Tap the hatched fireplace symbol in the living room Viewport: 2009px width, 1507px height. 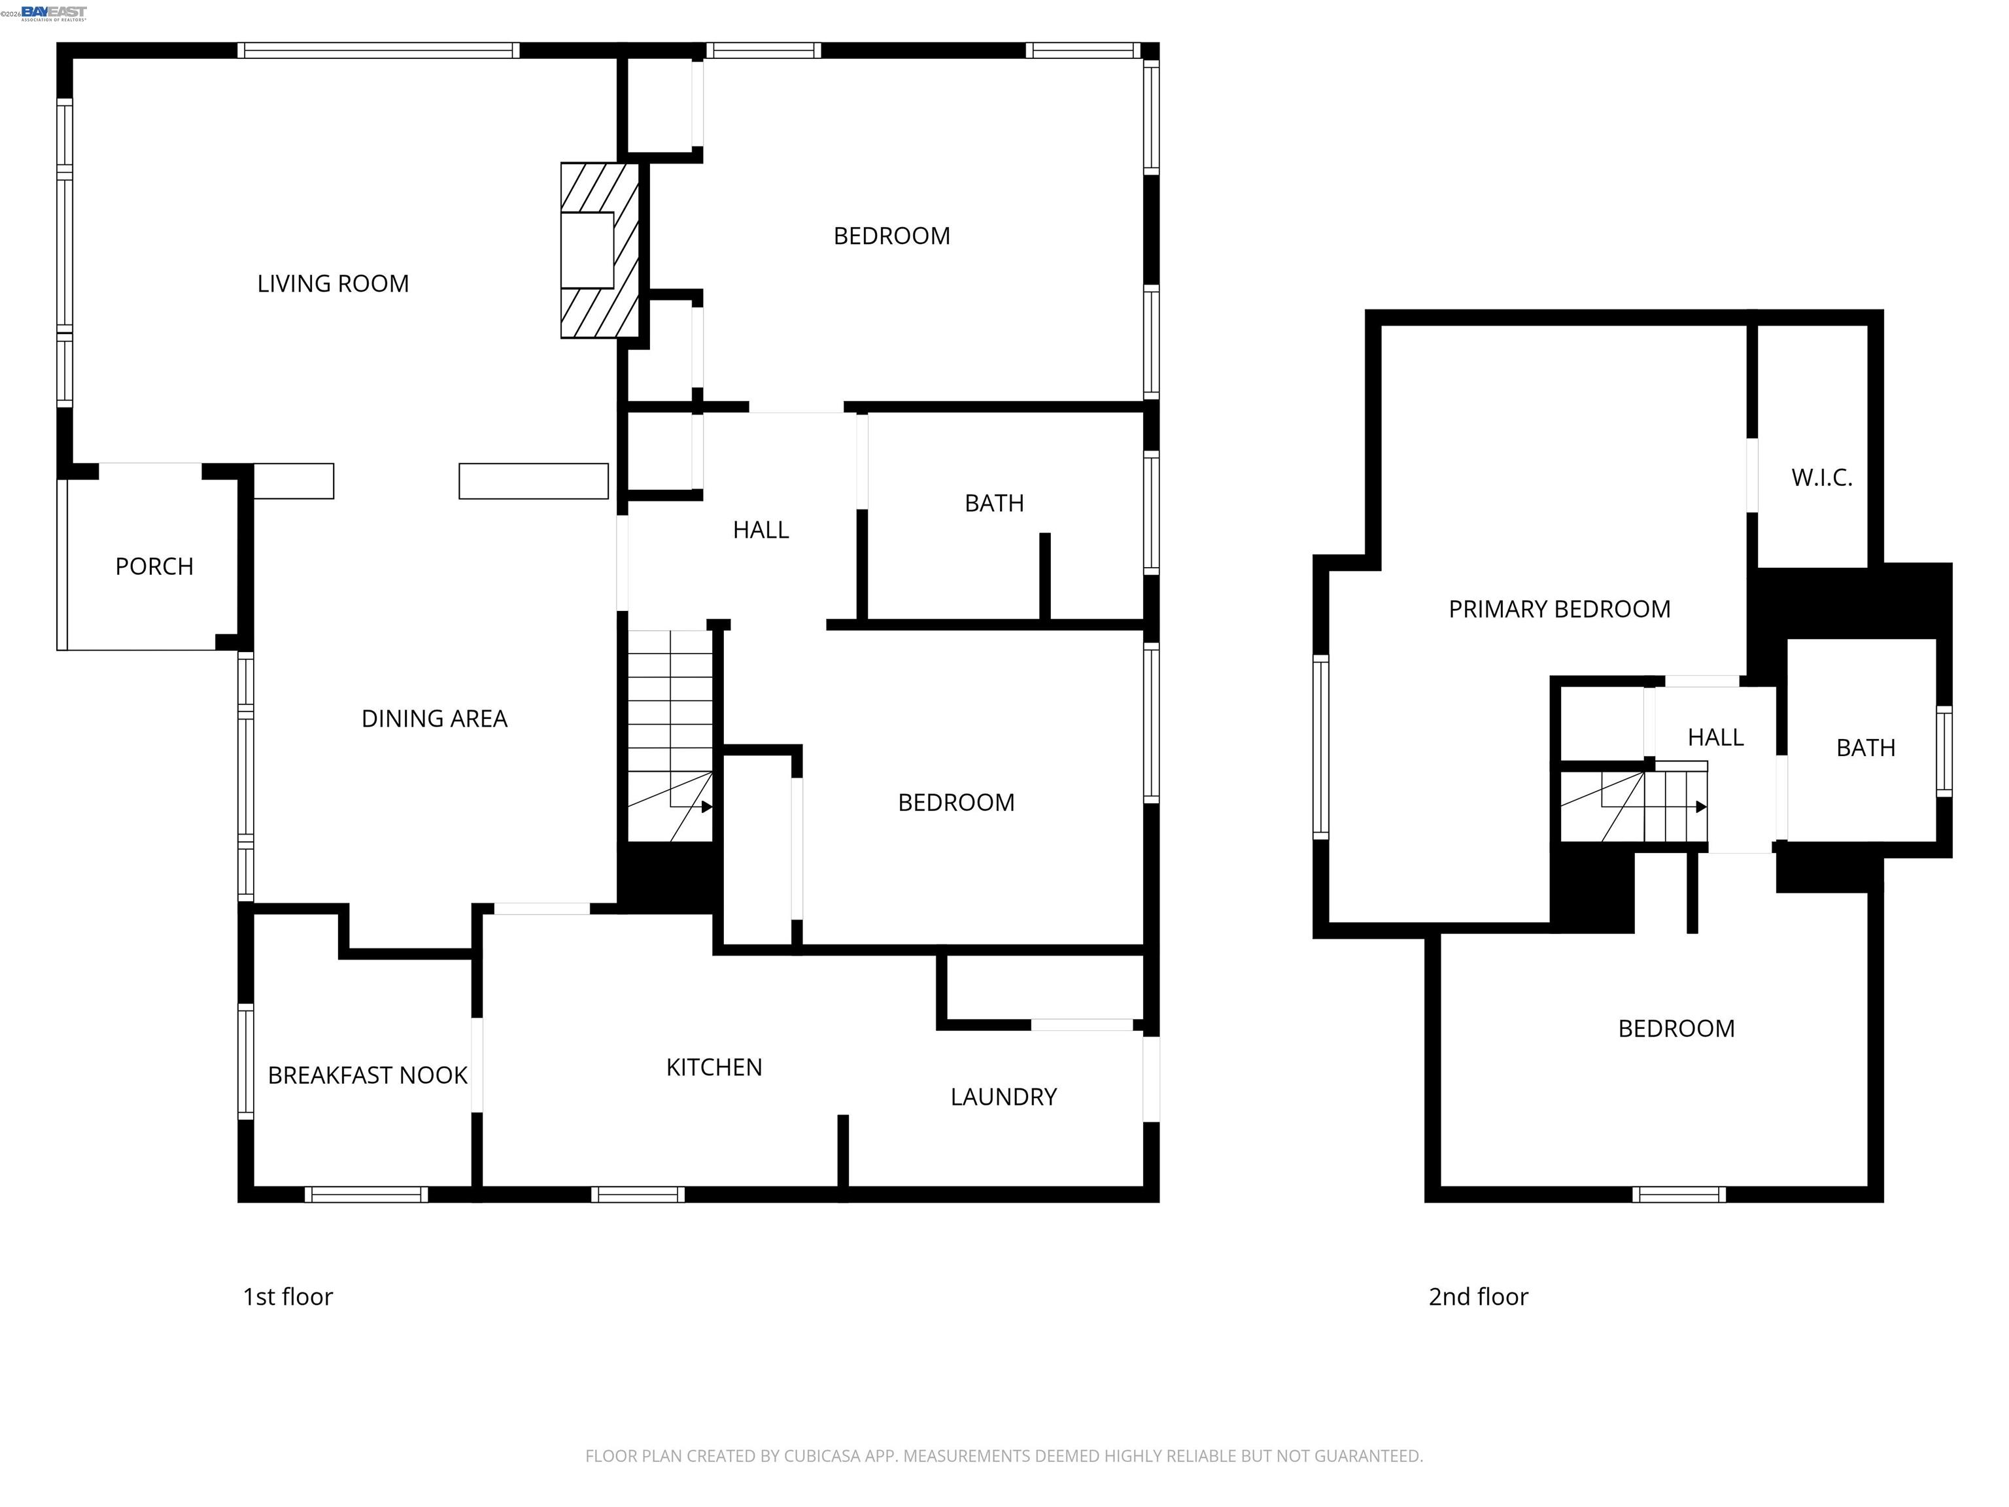(x=600, y=251)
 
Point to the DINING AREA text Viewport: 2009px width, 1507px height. (x=434, y=719)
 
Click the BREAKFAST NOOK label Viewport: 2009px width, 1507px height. (x=367, y=1075)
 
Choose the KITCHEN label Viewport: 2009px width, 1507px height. (x=714, y=1067)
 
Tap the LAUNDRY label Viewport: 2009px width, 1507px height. (x=1004, y=1098)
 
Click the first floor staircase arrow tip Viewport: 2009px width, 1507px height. (x=710, y=806)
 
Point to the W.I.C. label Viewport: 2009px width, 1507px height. (x=1821, y=478)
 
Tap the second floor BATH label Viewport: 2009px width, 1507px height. (x=1866, y=748)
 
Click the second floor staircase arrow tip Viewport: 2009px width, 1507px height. (x=1705, y=806)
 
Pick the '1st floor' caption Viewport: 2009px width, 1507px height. (x=287, y=1296)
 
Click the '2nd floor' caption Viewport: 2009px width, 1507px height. (x=1478, y=1296)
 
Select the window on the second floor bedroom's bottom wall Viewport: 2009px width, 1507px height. (x=1678, y=1194)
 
